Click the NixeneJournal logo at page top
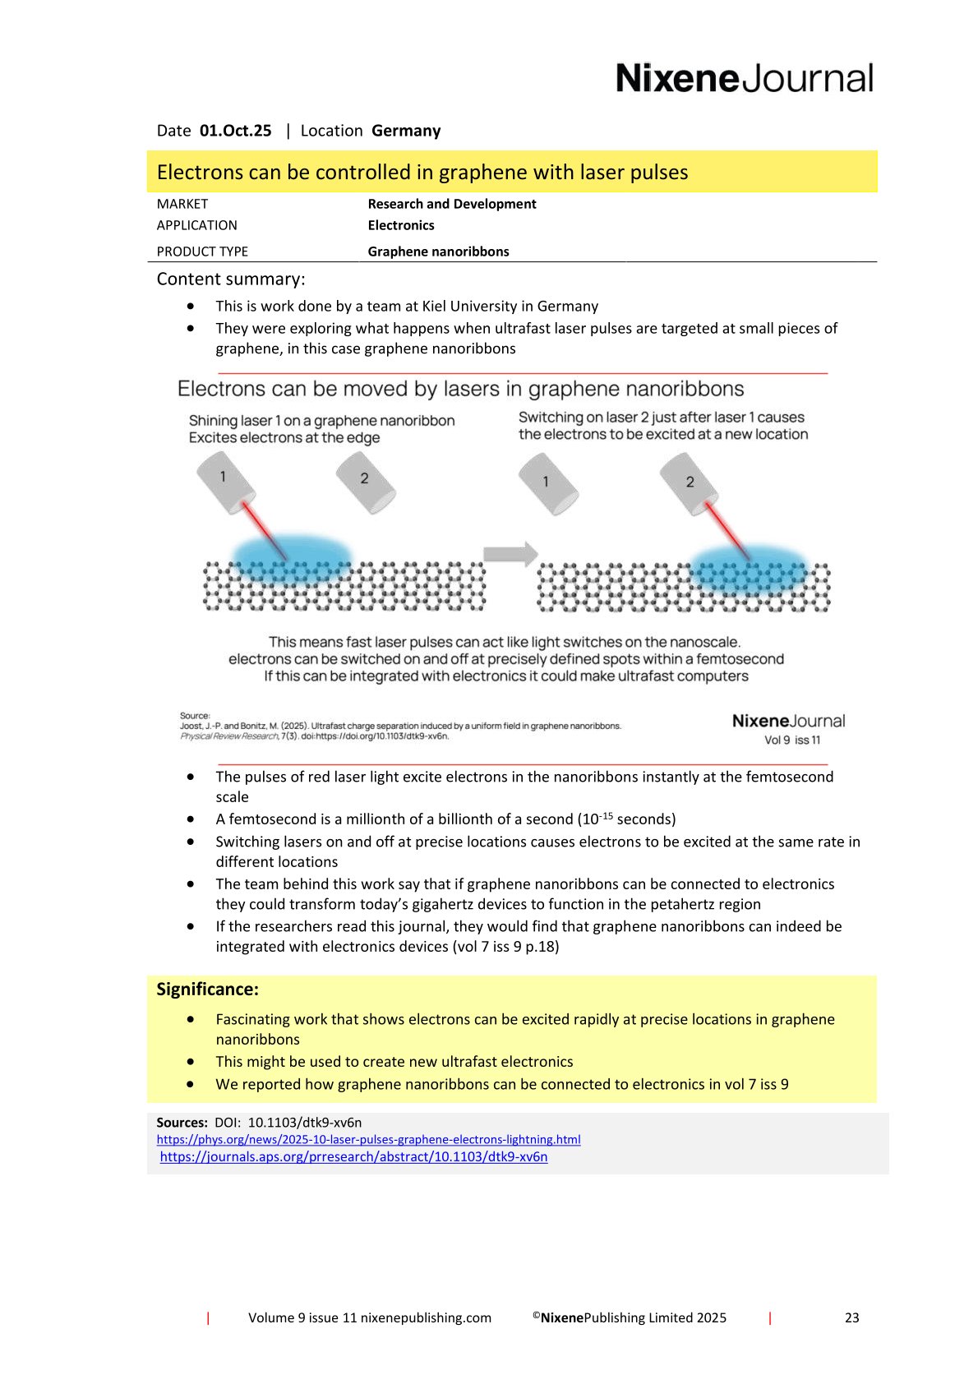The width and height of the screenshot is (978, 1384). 744,79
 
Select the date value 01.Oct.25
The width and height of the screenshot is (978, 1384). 235,131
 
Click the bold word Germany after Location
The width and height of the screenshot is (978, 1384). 406,131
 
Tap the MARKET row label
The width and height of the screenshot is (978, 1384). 182,204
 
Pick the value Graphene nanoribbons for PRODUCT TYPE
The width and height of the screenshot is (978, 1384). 438,251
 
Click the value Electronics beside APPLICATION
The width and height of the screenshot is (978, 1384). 401,225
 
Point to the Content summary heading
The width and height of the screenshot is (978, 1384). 231,279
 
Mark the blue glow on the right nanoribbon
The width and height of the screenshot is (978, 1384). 748,567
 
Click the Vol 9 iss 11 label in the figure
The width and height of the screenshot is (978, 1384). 792,740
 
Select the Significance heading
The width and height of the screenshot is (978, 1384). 207,990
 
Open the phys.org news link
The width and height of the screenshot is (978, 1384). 368,1139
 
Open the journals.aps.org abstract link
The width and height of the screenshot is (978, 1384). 353,1156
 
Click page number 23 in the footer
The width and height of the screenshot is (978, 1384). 851,1317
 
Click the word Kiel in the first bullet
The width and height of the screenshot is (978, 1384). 436,307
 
